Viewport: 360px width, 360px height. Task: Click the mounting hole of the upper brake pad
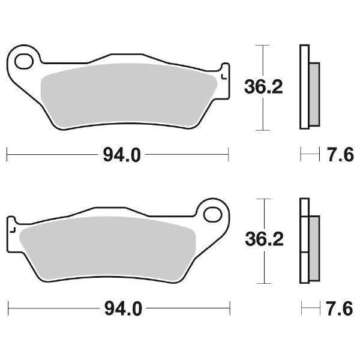(x=25, y=61)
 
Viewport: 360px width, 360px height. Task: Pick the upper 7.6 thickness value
(x=337, y=155)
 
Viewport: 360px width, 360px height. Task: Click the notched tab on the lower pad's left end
(x=11, y=229)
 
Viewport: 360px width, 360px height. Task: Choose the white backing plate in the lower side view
(x=304, y=240)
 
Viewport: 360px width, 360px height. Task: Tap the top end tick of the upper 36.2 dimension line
(x=260, y=45)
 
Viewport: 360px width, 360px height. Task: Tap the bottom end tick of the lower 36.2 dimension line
(x=260, y=284)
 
